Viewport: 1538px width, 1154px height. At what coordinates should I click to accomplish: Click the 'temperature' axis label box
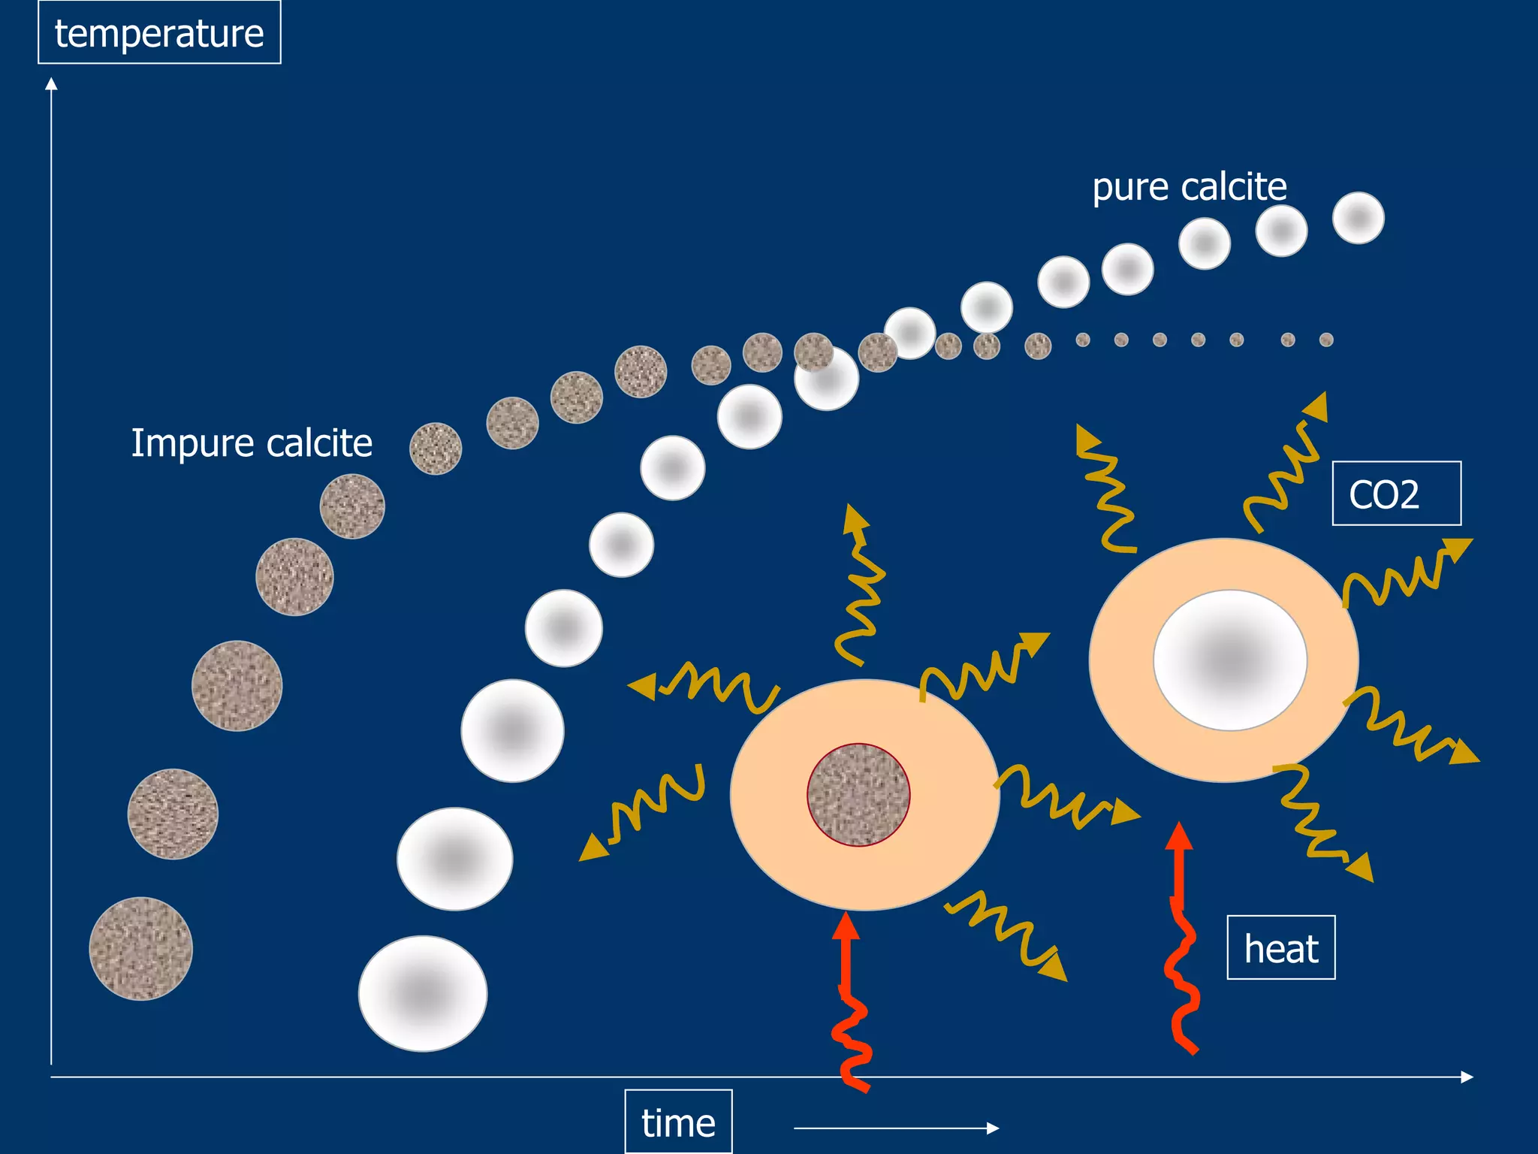point(159,33)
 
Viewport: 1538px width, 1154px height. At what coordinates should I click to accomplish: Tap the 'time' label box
point(678,1122)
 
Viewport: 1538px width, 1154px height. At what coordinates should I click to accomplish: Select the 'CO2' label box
point(1396,494)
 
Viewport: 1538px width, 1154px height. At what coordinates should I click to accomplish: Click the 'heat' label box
point(1280,948)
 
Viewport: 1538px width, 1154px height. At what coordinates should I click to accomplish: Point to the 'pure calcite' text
point(1189,186)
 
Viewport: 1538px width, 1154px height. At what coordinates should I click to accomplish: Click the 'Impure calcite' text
point(252,443)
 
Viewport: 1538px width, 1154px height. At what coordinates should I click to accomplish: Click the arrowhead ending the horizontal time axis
point(1467,1077)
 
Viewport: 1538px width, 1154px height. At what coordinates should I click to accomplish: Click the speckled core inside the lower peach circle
point(858,795)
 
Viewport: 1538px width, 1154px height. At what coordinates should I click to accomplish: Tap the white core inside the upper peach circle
point(1230,660)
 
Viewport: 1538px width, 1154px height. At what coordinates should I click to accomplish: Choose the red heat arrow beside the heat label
point(1181,939)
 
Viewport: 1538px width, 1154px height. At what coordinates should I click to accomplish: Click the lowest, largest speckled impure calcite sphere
point(140,948)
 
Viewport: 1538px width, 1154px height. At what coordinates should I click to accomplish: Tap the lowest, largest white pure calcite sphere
point(423,993)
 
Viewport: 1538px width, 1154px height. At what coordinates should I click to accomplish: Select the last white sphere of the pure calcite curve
point(1358,218)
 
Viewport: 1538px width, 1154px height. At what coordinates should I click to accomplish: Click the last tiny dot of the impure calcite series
point(1326,340)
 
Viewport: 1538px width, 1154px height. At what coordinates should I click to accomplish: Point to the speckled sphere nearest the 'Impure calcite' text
point(435,449)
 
